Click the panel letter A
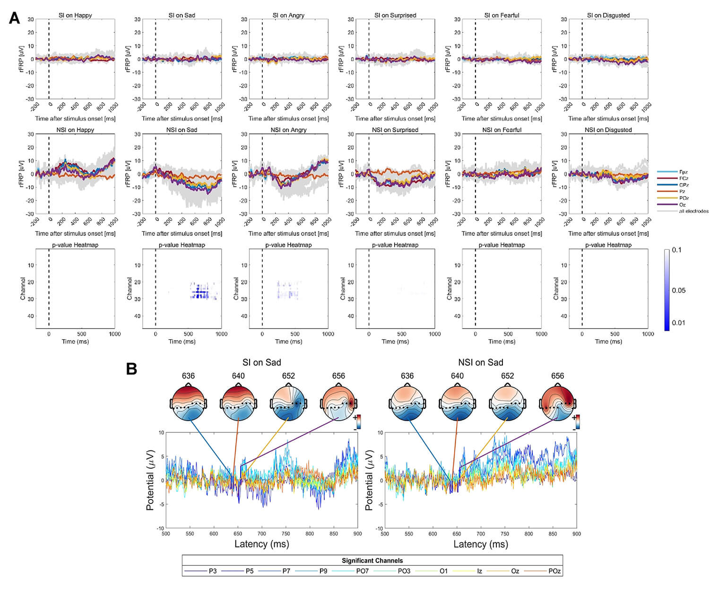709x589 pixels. click(15, 18)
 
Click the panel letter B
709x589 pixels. click(132, 369)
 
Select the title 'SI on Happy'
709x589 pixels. click(75, 15)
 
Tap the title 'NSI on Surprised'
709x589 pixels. click(395, 130)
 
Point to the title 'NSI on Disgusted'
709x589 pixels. click(608, 130)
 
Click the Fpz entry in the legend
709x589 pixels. click(683, 172)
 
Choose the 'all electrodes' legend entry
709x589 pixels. click(693, 211)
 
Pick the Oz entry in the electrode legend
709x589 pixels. click(683, 204)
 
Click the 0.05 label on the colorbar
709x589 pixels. click(679, 290)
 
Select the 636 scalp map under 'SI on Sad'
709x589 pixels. click(188, 403)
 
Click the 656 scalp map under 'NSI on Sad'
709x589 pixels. click(557, 403)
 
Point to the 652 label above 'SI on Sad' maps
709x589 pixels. click(288, 376)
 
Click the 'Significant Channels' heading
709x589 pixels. click(372, 561)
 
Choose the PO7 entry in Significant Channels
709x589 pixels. click(362, 571)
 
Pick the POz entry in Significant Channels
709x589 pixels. click(554, 571)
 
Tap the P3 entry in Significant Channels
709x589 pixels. click(213, 571)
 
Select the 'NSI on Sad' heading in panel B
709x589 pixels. click(481, 362)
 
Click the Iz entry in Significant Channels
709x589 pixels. click(479, 571)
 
